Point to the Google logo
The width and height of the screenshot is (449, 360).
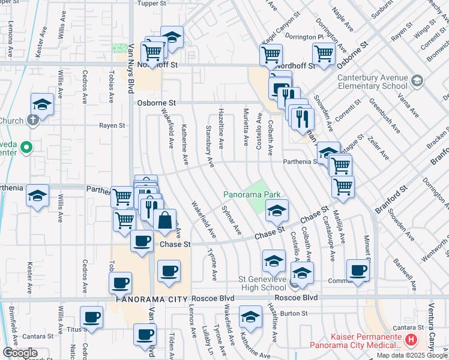19,353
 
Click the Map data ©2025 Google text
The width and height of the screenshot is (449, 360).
412,355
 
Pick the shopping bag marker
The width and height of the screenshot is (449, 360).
164,219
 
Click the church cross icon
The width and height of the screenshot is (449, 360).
32,119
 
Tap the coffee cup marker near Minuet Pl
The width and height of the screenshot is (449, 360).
358,270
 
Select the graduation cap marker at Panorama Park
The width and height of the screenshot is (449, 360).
276,210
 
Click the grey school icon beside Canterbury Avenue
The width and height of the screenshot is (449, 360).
417,80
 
